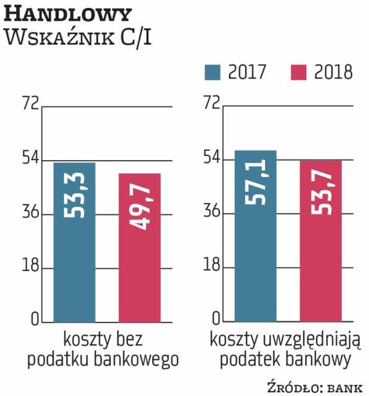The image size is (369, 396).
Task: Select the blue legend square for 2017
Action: [214, 71]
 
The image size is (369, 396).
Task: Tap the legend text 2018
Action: [332, 71]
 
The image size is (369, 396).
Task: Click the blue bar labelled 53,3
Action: [74, 241]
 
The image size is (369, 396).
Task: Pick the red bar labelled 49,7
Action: [139, 246]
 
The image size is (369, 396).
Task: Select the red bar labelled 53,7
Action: [320, 240]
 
